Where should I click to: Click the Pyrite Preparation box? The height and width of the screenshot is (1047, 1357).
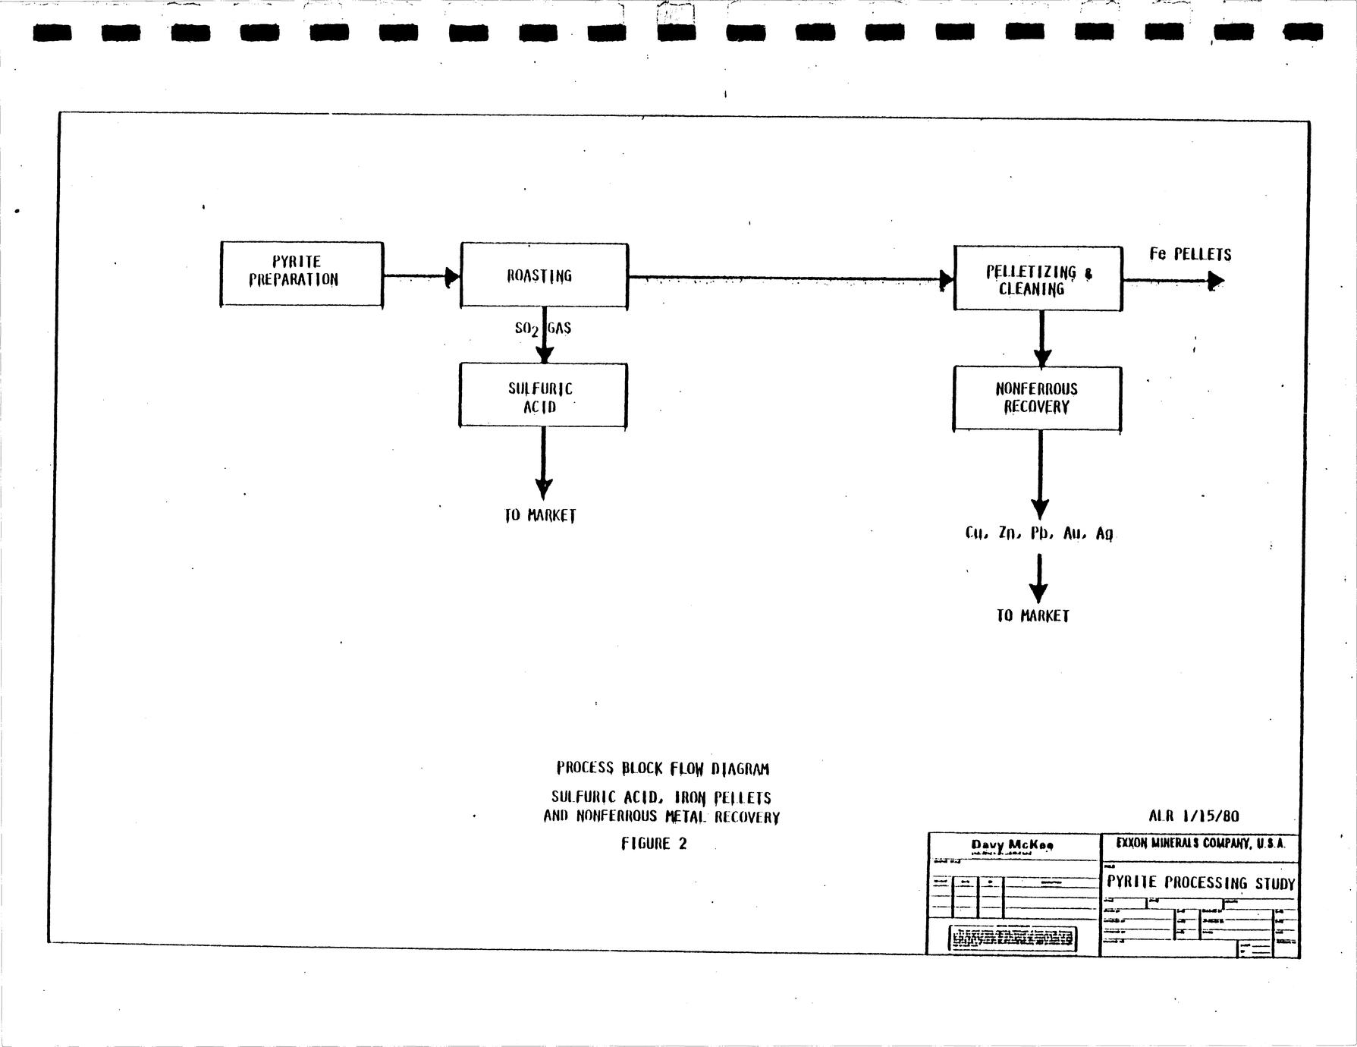pyautogui.click(x=301, y=274)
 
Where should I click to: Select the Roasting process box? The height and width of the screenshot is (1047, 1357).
pyautogui.click(x=544, y=275)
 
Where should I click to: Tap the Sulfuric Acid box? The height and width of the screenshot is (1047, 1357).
pyautogui.click(x=542, y=395)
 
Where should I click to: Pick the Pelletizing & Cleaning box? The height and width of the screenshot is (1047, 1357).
pyautogui.click(x=1037, y=278)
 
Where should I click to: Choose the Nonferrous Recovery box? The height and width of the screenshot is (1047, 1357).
pyautogui.click(x=1037, y=398)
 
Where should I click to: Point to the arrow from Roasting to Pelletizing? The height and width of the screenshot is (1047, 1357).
pyautogui.click(x=789, y=278)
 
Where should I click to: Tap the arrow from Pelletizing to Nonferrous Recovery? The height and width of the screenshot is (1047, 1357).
pyautogui.click(x=1041, y=338)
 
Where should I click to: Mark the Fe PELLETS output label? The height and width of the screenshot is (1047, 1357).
pyautogui.click(x=1189, y=254)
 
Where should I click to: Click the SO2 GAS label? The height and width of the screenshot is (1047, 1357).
pyautogui.click(x=542, y=328)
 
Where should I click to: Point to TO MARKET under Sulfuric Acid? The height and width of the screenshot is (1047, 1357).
pyautogui.click(x=540, y=516)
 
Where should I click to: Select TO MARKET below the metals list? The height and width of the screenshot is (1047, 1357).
pyautogui.click(x=1032, y=616)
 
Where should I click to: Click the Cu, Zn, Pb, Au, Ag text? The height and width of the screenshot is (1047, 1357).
pyautogui.click(x=1038, y=533)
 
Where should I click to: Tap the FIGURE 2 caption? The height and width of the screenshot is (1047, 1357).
pyautogui.click(x=654, y=844)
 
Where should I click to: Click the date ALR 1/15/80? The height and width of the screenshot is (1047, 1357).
pyautogui.click(x=1193, y=816)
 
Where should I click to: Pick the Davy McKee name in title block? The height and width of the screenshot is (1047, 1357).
pyautogui.click(x=1012, y=845)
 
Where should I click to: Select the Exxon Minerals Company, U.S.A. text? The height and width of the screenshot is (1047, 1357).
pyautogui.click(x=1200, y=843)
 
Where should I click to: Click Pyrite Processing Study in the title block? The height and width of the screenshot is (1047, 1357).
pyautogui.click(x=1200, y=882)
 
